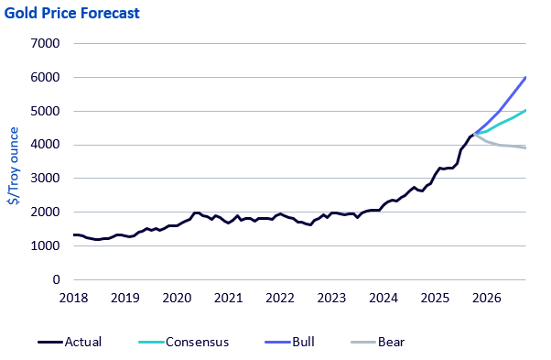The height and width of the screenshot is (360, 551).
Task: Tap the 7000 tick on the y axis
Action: (x=45, y=43)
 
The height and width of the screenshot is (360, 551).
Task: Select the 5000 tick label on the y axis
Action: (x=45, y=111)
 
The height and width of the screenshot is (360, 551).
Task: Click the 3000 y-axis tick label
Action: (x=45, y=179)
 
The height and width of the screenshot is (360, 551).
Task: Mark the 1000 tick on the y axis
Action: (x=45, y=246)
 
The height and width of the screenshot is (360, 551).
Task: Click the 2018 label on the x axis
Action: (x=73, y=298)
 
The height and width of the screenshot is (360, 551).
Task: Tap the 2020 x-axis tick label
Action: (x=177, y=298)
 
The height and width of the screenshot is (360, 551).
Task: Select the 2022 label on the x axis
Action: (x=280, y=298)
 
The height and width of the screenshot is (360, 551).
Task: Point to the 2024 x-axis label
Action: (x=384, y=298)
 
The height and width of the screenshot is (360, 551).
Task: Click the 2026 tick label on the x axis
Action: (x=486, y=298)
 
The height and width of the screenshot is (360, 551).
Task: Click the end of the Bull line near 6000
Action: (x=525, y=77)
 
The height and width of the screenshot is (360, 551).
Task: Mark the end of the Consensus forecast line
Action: (x=525, y=110)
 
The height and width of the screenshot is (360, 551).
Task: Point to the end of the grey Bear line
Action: (x=525, y=147)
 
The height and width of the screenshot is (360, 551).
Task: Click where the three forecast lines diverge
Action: (x=475, y=134)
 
